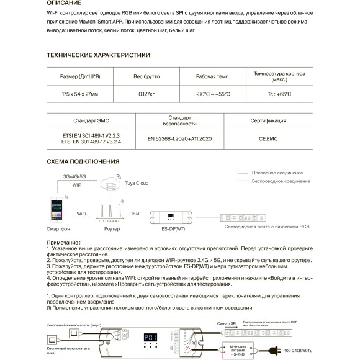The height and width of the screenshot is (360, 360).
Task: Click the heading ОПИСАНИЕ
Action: pyautogui.click(x=64, y=3)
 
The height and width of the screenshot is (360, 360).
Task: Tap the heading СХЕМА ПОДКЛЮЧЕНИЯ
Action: pyautogui.click(x=83, y=161)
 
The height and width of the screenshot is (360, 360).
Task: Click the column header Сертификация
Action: pyautogui.click(x=268, y=120)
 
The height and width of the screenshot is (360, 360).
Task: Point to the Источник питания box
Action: pyautogui.click(x=238, y=349)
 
